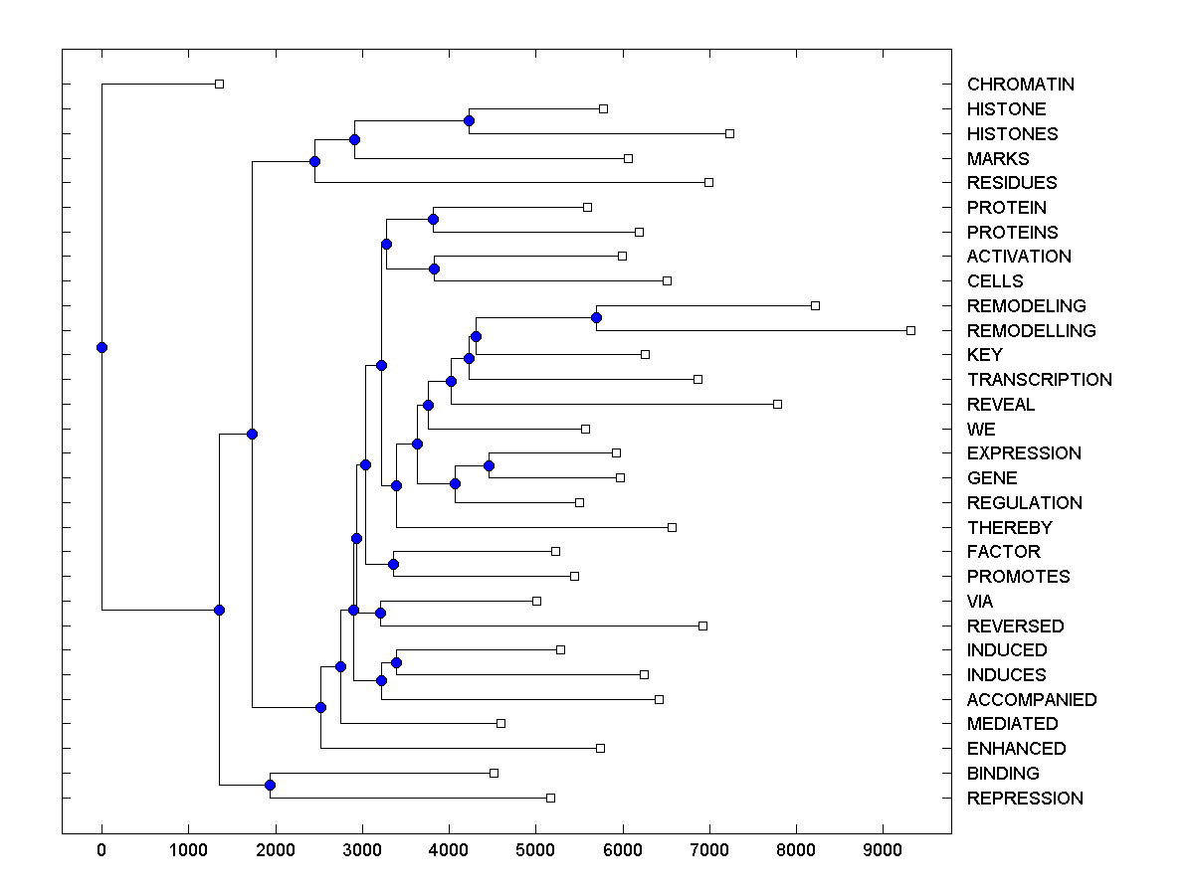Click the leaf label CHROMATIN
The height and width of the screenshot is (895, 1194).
(x=1020, y=85)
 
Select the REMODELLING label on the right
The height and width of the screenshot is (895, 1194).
(x=1031, y=330)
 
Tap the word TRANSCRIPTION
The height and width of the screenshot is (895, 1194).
(x=1039, y=379)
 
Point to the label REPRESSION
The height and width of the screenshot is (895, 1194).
(x=1025, y=798)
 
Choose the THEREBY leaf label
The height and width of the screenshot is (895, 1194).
(x=1009, y=527)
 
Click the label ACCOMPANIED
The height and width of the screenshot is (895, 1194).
(x=1031, y=699)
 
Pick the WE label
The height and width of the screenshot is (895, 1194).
(x=980, y=429)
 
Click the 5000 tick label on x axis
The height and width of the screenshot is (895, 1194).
(x=535, y=849)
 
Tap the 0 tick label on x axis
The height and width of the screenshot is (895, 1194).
(x=101, y=849)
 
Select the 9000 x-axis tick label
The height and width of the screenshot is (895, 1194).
(x=883, y=849)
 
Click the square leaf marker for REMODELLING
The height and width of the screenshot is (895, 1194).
(x=910, y=330)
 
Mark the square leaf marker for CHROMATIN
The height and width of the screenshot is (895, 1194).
(x=220, y=85)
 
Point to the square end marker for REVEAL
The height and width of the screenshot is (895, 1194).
(x=777, y=404)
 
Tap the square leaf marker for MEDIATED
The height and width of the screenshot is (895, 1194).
(x=500, y=723)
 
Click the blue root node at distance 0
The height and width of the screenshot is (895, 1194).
(x=101, y=347)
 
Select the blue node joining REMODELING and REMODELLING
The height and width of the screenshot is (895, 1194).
(x=596, y=317)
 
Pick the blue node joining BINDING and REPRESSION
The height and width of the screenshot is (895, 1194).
(x=270, y=785)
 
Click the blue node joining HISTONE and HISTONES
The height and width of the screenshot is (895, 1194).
(x=469, y=120)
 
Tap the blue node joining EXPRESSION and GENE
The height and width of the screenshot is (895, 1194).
(x=489, y=465)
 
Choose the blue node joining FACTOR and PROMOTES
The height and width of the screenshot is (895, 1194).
(x=393, y=564)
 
